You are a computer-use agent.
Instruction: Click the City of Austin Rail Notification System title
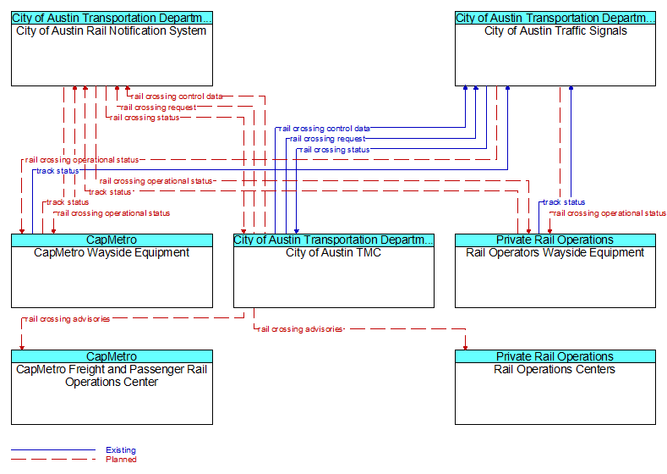tap(111, 31)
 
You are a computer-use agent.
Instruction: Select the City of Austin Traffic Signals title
tap(555, 31)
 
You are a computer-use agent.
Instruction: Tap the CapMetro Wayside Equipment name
tap(112, 253)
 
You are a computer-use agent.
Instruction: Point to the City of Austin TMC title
tap(333, 253)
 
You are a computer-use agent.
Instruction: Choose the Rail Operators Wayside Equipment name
tap(555, 253)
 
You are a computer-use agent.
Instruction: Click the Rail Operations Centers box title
tap(555, 369)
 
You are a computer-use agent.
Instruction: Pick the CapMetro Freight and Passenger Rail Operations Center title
tap(112, 376)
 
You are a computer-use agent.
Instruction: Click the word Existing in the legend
tap(121, 450)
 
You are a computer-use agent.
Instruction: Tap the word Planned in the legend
tap(121, 460)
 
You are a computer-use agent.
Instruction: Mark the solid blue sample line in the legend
tap(53, 449)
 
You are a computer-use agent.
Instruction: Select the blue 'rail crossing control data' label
tap(324, 129)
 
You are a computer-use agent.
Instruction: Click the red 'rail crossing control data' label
tap(177, 96)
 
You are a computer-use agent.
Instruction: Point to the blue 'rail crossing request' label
tap(327, 139)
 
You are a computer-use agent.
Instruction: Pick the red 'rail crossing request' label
tap(158, 107)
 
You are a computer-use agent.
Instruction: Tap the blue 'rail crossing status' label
tap(335, 150)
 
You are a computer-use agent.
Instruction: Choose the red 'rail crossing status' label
tap(145, 118)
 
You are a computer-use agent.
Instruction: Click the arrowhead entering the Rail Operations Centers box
tap(465, 348)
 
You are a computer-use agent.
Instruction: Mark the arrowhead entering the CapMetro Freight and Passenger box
tap(22, 348)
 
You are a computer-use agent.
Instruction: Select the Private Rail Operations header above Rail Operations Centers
tap(555, 356)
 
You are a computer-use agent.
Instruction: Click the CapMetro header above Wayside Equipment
tap(112, 240)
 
